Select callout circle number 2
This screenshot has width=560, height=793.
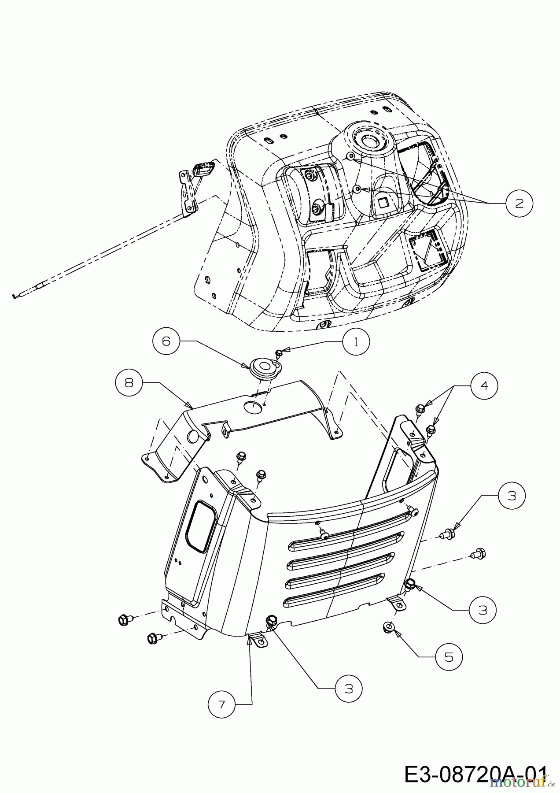click(x=519, y=203)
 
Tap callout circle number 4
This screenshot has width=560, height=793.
click(x=484, y=386)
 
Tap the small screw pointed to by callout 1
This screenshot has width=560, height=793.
click(x=278, y=352)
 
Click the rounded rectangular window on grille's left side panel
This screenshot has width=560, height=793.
click(x=200, y=526)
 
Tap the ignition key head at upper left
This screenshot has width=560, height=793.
click(x=204, y=170)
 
